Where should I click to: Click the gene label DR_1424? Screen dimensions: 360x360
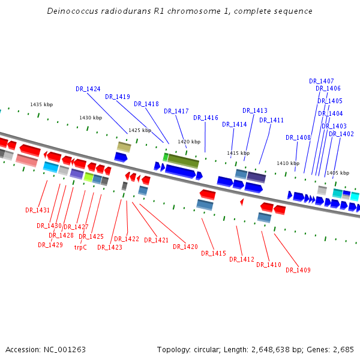(88, 89)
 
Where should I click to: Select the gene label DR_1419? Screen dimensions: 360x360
(118, 97)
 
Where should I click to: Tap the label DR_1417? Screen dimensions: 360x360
(176, 111)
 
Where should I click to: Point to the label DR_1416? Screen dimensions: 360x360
(206, 118)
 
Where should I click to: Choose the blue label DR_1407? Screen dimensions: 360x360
(322, 81)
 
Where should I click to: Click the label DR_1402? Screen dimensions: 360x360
(341, 134)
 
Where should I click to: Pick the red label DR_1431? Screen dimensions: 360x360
(38, 210)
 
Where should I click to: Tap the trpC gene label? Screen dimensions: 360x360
(80, 247)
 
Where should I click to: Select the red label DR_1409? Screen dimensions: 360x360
(298, 270)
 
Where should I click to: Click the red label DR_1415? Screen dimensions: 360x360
(214, 253)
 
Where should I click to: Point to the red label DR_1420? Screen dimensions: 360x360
(185, 247)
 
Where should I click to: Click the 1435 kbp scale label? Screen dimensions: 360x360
(41, 104)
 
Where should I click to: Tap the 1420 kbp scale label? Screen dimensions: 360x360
(189, 142)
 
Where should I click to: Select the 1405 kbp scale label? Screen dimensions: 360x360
(338, 173)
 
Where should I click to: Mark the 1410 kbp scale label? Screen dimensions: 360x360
(288, 163)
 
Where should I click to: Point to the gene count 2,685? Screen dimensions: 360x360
(342, 349)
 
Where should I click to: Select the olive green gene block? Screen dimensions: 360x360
(183, 161)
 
